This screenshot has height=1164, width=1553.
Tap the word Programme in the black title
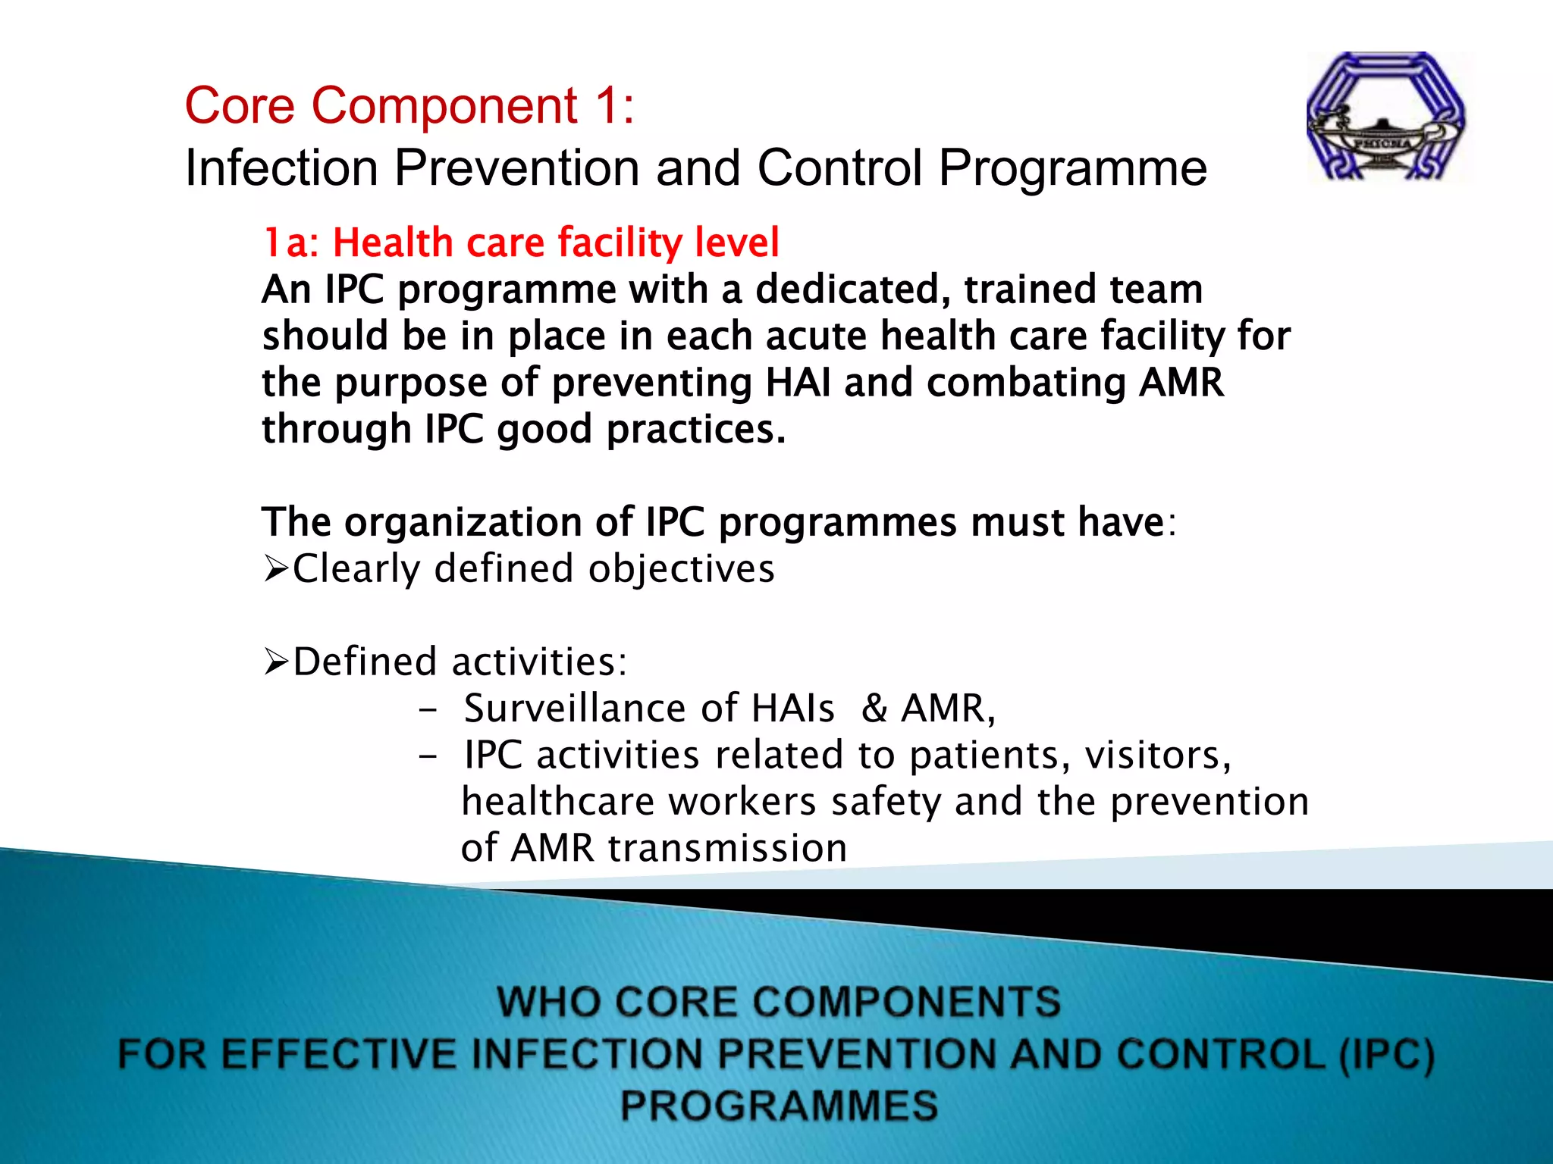1072,167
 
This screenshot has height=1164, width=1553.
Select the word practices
695,430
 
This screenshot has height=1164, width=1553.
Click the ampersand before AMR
874,709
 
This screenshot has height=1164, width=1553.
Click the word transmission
727,848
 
